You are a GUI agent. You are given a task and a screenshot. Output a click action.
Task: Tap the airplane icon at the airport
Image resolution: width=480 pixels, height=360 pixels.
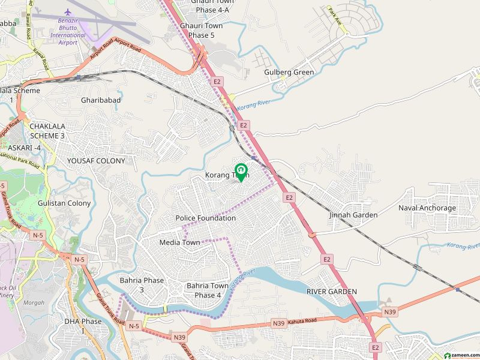(68, 11)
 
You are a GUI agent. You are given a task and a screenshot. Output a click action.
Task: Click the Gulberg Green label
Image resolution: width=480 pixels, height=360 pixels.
(289, 73)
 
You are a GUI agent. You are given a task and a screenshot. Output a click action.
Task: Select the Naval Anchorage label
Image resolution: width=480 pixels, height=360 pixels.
(427, 208)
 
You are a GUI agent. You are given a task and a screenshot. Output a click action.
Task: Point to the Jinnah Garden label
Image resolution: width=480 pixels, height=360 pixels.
(353, 215)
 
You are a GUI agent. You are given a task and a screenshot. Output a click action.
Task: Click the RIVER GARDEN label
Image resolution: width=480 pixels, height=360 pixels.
(332, 292)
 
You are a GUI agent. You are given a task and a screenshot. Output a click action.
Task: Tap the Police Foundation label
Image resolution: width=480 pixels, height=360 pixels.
(206, 218)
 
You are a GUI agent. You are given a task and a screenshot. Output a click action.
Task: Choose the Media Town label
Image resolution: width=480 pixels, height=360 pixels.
(179, 242)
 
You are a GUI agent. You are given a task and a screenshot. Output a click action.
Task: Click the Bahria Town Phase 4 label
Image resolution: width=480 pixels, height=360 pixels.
(208, 290)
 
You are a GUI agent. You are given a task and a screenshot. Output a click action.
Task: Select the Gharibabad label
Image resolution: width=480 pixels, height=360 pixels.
(101, 100)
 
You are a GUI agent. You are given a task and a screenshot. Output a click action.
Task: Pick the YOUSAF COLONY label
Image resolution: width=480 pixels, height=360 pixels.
(96, 161)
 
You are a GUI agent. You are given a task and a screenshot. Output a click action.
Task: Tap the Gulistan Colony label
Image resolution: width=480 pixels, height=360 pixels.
(65, 203)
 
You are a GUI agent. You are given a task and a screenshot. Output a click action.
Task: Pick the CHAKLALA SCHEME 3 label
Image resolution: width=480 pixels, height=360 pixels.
(38, 131)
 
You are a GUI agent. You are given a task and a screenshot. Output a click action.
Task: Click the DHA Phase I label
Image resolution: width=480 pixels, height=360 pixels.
(83, 326)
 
